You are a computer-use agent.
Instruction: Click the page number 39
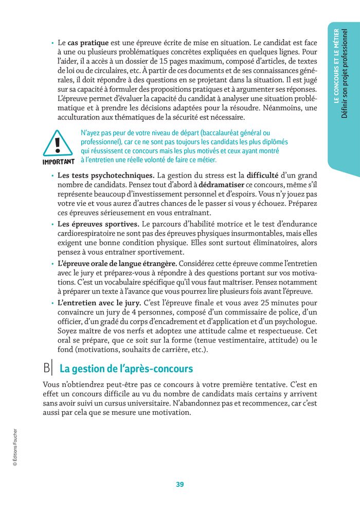pyautogui.click(x=179, y=484)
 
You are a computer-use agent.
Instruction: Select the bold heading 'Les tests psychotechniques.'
pyautogui.click(x=106, y=175)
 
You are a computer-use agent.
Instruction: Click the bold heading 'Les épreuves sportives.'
pyautogui.click(x=98, y=224)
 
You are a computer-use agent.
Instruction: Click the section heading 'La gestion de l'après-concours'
pyautogui.click(x=127, y=368)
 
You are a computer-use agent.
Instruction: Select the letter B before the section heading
pyautogui.click(x=47, y=368)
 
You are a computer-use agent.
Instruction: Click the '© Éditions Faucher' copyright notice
pyautogui.click(x=15, y=447)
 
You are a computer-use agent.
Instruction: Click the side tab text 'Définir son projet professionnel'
pyautogui.click(x=345, y=74)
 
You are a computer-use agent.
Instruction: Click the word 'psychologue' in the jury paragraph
pyautogui.click(x=294, y=322)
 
